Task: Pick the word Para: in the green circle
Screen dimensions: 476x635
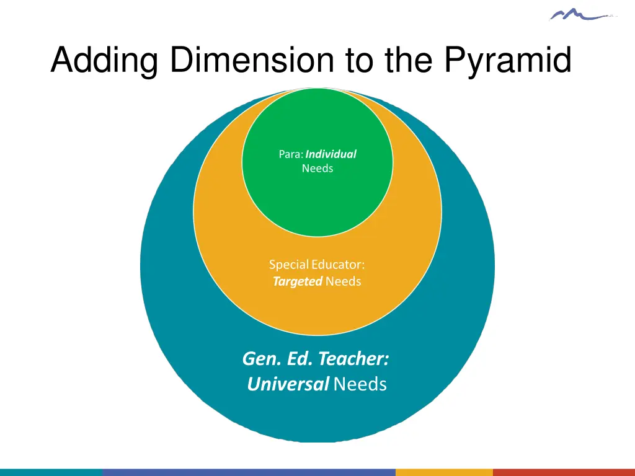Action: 291,154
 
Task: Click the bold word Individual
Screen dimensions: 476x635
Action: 331,154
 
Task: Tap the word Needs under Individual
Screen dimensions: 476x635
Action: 317,169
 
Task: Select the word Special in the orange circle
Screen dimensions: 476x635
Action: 289,265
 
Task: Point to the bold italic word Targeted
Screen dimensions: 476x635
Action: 298,281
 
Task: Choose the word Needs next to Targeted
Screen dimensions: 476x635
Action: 343,281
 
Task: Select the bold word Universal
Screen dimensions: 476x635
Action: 288,384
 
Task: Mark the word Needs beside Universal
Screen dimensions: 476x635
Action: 360,384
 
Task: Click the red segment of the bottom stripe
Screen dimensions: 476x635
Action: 564,472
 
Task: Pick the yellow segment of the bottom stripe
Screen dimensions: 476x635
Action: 444,472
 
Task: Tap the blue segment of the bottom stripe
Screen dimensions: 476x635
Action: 248,472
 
